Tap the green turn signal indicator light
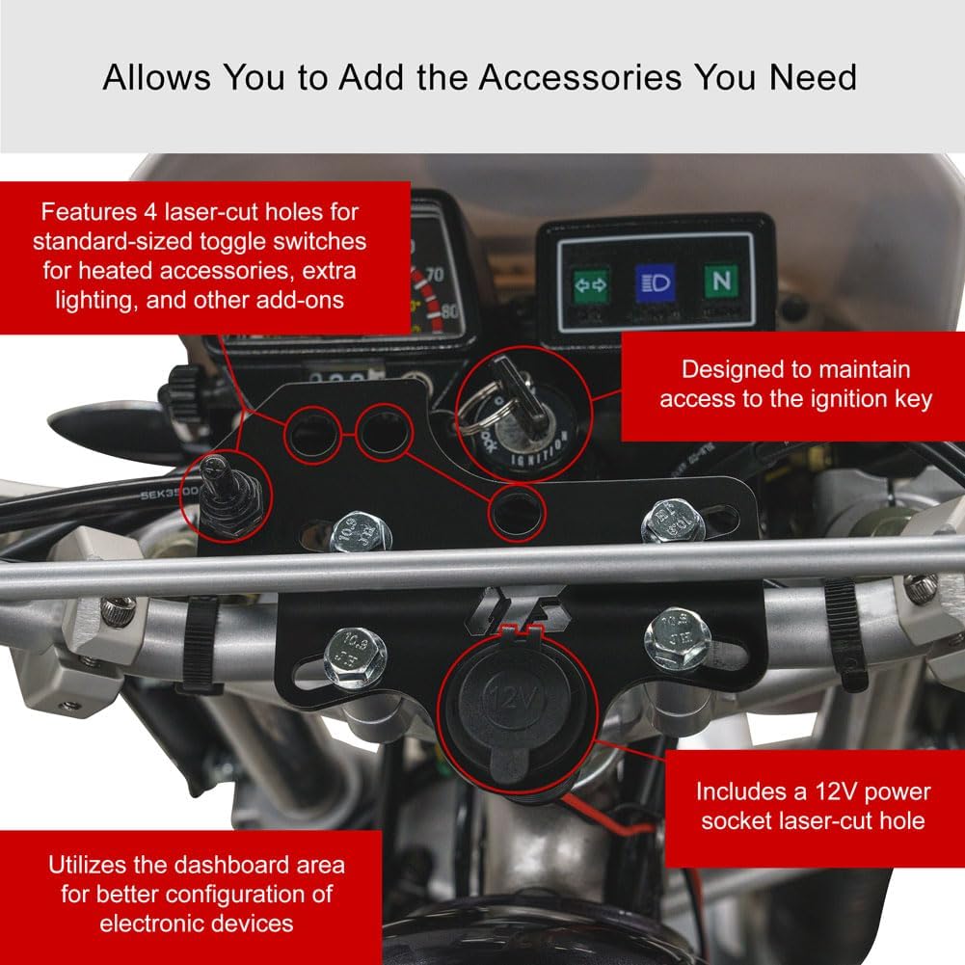(x=591, y=284)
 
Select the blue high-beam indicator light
(x=654, y=285)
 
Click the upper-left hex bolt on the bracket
(x=360, y=531)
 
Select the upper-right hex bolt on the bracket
(x=674, y=522)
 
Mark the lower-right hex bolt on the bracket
(x=677, y=637)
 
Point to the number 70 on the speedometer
(x=433, y=276)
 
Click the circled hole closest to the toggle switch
(x=311, y=432)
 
